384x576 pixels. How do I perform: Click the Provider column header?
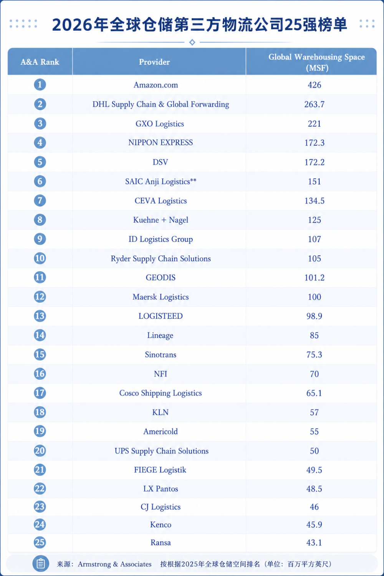point(154,62)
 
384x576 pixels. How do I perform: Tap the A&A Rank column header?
point(40,62)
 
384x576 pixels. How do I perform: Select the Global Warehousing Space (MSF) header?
point(317,62)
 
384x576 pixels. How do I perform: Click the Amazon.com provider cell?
point(156,85)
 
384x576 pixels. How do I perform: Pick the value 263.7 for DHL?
point(314,104)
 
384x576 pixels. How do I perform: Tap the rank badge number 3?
point(40,123)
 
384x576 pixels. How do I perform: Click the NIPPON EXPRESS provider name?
point(161,142)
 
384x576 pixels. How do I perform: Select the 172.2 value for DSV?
point(314,162)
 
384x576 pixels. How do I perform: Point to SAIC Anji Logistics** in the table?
point(161,181)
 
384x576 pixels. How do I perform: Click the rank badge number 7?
point(40,200)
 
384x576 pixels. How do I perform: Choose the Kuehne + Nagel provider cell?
point(161,220)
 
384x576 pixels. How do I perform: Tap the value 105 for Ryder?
point(314,258)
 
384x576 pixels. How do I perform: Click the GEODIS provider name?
point(161,278)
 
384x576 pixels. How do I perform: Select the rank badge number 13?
point(40,316)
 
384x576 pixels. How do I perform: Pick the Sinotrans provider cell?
point(161,354)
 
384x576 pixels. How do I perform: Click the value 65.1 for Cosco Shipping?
point(314,393)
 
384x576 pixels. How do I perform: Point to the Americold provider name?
point(161,431)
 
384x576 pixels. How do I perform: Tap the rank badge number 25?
point(40,542)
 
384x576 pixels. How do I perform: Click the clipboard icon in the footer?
point(41,564)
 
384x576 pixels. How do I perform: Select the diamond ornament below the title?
point(192,42)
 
